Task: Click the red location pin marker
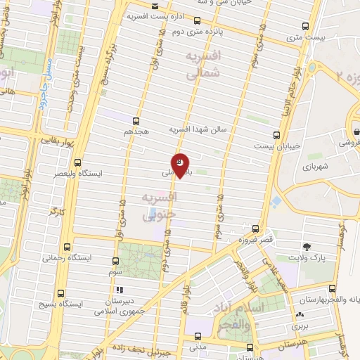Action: coord(180,165)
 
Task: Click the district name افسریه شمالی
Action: coord(205,63)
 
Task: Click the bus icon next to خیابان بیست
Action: coord(276,135)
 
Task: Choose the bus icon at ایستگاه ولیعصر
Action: coord(77,162)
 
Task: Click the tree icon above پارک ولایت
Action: coord(307,245)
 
